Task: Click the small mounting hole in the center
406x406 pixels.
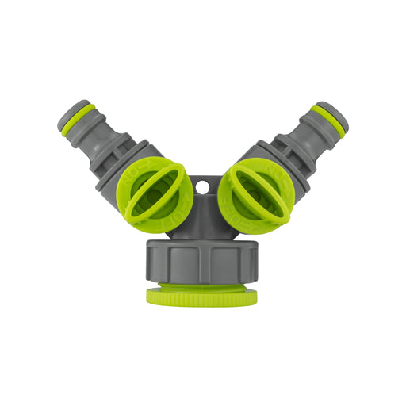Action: click(x=202, y=187)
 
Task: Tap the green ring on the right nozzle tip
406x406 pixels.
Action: click(x=328, y=119)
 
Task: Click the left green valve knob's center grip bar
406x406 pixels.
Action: click(x=155, y=194)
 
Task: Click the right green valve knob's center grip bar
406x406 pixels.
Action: click(x=252, y=194)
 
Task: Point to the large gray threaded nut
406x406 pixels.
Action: click(x=202, y=262)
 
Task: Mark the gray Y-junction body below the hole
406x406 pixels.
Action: click(x=202, y=218)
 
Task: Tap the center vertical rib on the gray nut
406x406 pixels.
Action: click(x=202, y=262)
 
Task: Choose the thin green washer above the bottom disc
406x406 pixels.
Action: click(x=202, y=286)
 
